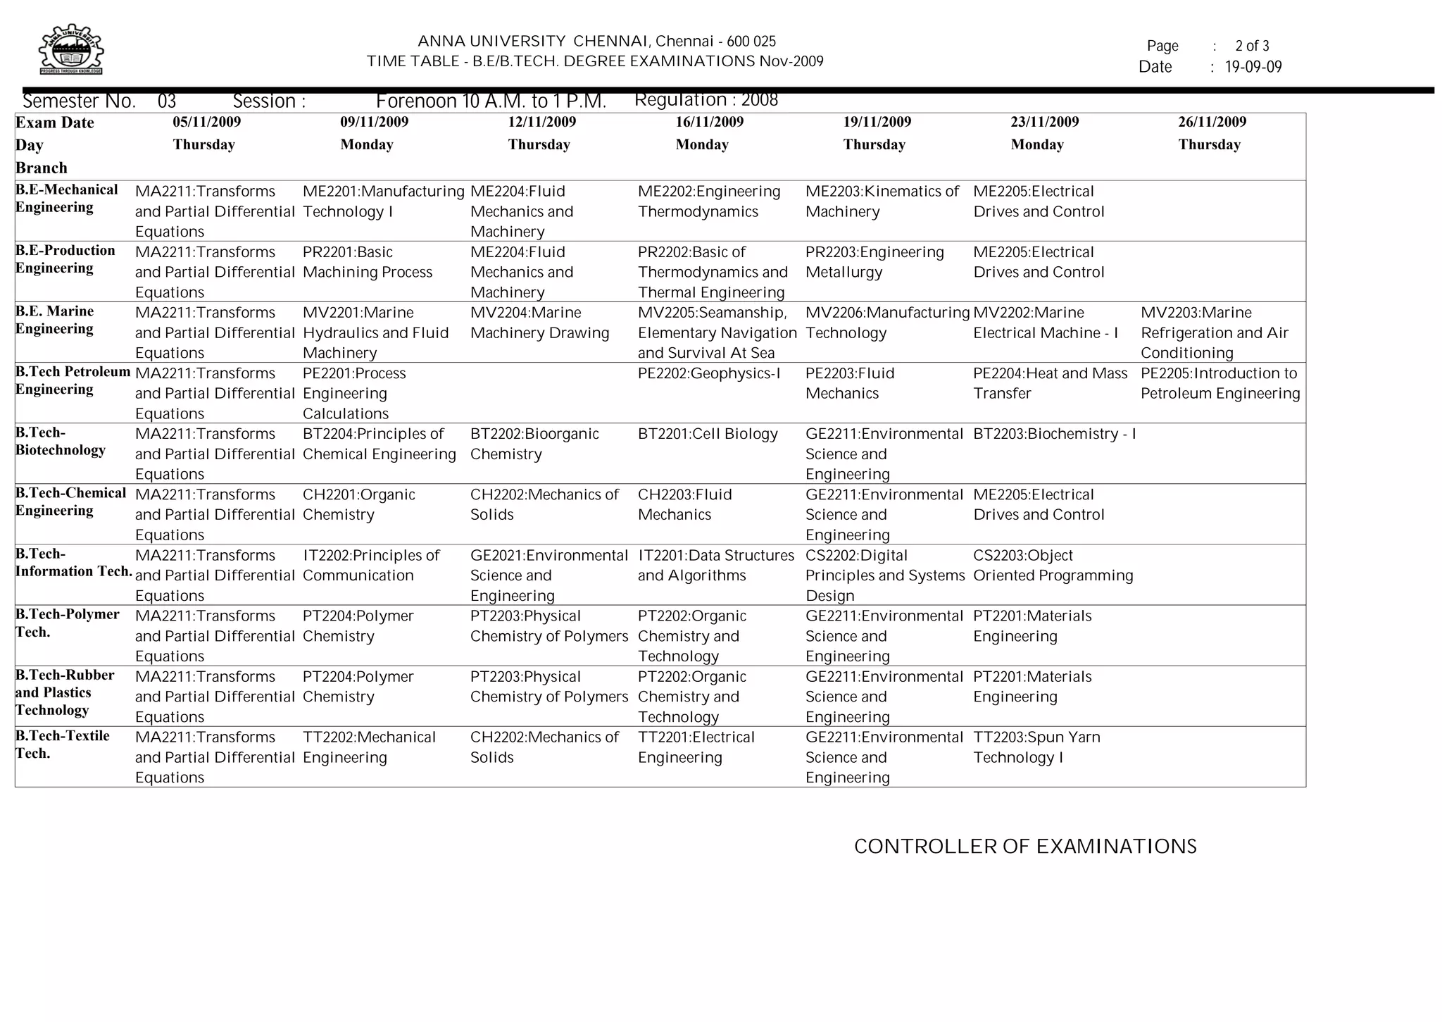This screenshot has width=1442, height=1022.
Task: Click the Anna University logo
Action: (x=70, y=49)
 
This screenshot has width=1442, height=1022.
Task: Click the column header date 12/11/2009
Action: (x=541, y=122)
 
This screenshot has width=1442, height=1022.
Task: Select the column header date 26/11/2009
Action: (x=1212, y=122)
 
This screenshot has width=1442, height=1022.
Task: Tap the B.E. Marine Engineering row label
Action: (x=55, y=320)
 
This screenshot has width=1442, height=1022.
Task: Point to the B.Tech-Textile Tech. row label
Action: (x=62, y=744)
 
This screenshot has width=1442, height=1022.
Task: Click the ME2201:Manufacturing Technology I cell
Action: (x=383, y=201)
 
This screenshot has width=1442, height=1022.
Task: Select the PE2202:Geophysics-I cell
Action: (x=709, y=373)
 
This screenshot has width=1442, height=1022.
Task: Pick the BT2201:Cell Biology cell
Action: (x=707, y=434)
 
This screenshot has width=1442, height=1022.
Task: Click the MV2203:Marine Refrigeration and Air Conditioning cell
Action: (x=1214, y=332)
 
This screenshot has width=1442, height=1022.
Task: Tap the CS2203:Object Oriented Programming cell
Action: (x=1053, y=566)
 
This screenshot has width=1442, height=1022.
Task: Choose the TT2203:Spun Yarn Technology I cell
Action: (x=1036, y=747)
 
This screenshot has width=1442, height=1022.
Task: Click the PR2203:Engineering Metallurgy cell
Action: (x=874, y=262)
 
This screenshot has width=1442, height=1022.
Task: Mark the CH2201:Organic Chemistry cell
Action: (x=358, y=504)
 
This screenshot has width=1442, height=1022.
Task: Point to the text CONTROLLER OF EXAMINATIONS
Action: (x=1024, y=847)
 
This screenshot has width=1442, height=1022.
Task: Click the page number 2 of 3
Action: (x=1251, y=46)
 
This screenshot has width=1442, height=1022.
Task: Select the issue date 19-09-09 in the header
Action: (x=1253, y=68)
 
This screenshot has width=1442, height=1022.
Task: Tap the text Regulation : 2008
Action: (x=706, y=100)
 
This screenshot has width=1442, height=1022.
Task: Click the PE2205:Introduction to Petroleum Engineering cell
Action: (x=1220, y=383)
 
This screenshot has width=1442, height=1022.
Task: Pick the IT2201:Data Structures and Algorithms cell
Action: (x=715, y=566)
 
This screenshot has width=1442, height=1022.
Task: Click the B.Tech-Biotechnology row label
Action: (x=61, y=442)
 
